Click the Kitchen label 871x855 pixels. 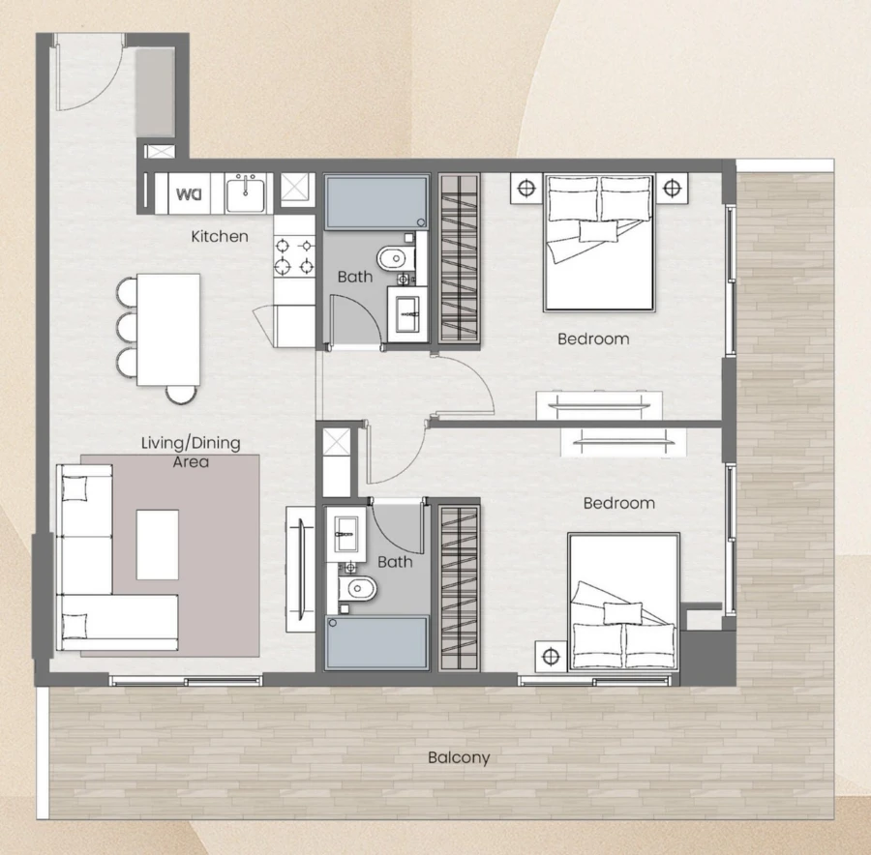tap(220, 236)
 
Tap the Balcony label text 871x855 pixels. tap(459, 757)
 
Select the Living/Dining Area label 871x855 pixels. tap(191, 452)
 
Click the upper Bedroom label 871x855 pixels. tap(593, 339)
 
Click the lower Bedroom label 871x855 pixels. tap(618, 503)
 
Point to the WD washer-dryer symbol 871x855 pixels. tap(188, 194)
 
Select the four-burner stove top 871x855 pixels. tap(294, 255)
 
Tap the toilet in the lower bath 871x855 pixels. tap(360, 587)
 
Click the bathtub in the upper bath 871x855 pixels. tap(374, 200)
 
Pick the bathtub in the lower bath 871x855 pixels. tap(376, 641)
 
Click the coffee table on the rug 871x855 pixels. tap(157, 545)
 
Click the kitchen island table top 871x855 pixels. tap(169, 329)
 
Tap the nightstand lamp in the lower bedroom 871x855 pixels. tap(551, 657)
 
